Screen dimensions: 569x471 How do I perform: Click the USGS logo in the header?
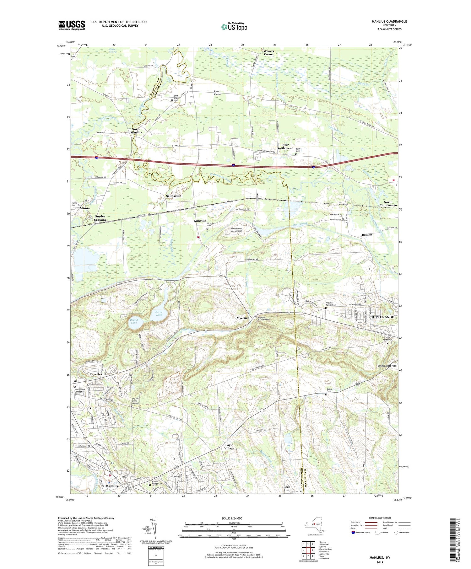(72, 25)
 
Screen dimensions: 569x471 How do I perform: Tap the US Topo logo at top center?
(234, 27)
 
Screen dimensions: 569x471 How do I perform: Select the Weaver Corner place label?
(269, 52)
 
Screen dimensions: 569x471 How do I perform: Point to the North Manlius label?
(136, 131)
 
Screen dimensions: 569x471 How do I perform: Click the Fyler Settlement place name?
(285, 147)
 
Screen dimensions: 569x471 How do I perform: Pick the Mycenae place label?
(243, 318)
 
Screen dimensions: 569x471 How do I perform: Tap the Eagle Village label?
(229, 447)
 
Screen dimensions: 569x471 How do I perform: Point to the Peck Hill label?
(286, 488)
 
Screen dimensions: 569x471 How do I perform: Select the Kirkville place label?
(200, 221)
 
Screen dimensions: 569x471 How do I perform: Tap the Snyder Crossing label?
(100, 218)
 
